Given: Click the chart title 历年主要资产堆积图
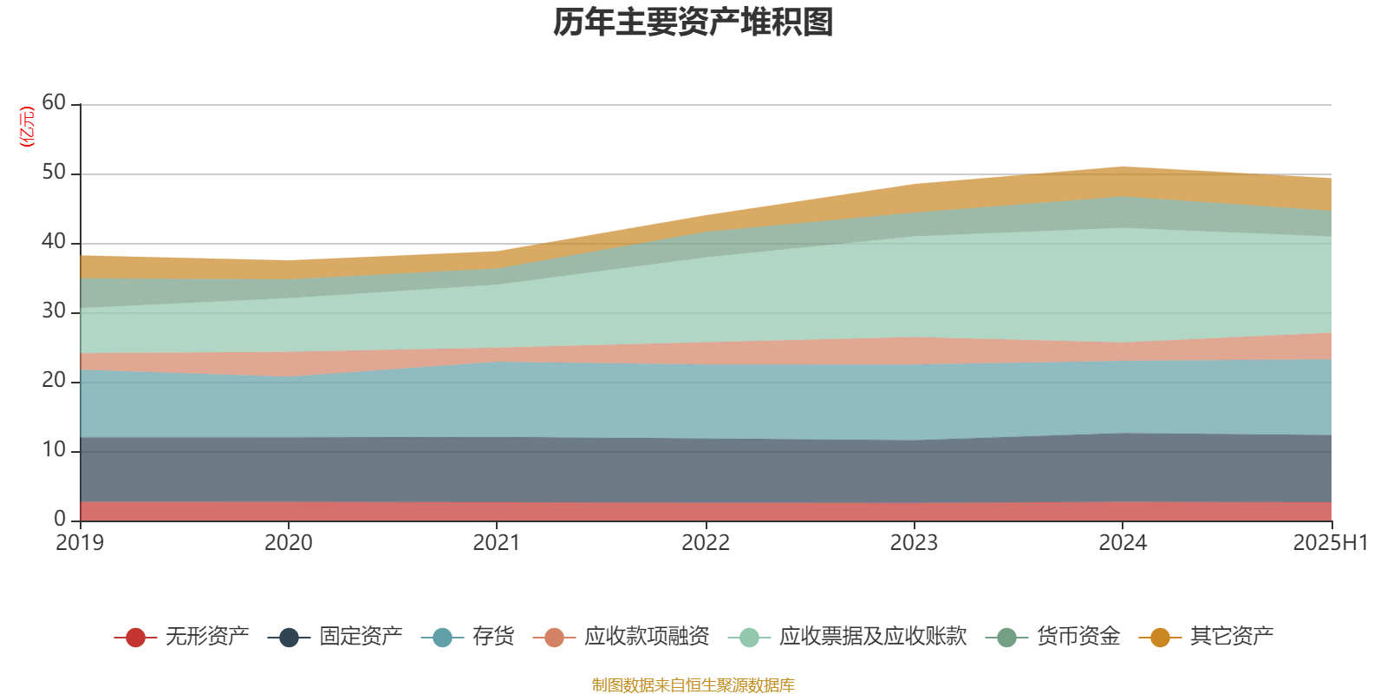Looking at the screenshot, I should point(693,23).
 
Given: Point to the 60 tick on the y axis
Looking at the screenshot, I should point(54,103).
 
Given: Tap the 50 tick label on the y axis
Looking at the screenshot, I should point(54,173).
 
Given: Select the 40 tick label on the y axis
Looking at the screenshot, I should point(54,242).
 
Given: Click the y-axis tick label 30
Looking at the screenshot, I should point(54,311).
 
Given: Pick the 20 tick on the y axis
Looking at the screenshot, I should point(54,381).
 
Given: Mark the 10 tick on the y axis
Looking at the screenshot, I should point(54,450).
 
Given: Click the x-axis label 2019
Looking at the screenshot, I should point(80,543).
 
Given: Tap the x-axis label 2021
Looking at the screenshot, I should point(497,543).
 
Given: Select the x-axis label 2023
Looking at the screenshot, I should point(914,543).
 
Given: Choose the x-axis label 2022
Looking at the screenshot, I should point(706,543).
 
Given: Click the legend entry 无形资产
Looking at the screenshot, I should point(206,638).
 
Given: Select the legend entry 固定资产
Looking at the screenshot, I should point(361,638).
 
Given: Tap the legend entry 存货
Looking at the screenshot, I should point(493,638).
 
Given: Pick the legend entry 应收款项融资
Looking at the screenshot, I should point(647,638).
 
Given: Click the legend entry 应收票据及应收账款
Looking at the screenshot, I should point(872,638).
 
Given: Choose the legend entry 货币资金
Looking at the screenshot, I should point(1078,638).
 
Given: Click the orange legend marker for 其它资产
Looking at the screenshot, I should point(1160,638).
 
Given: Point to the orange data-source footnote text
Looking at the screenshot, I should point(693,685).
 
